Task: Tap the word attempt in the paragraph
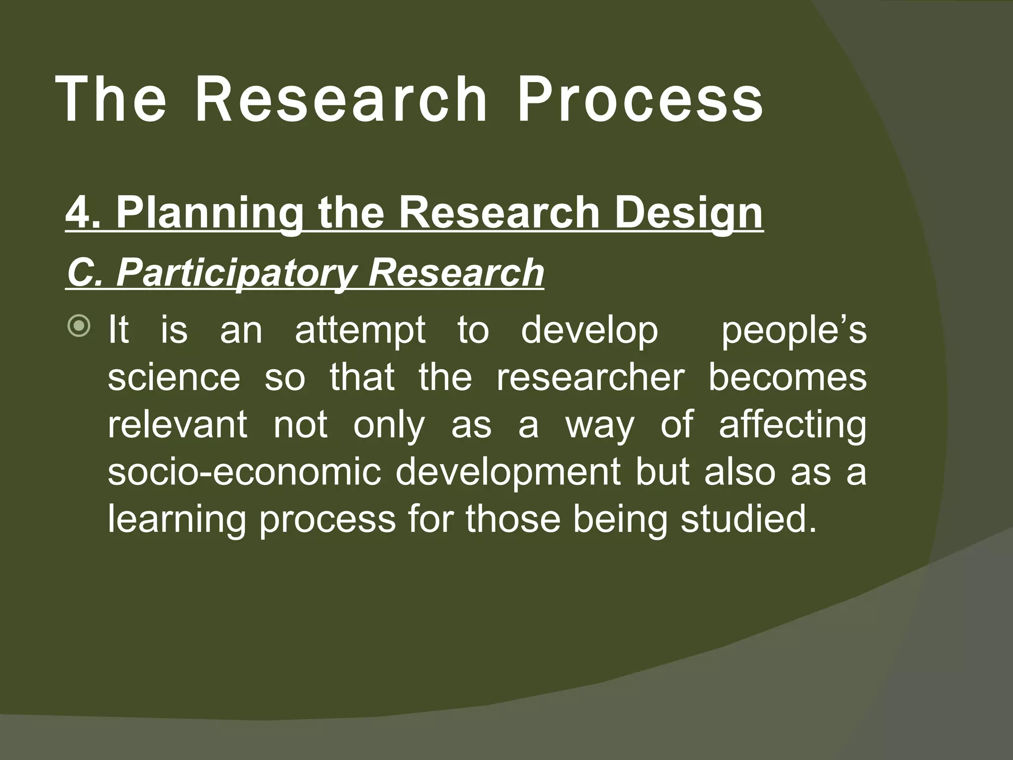pos(360,330)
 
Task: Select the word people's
pos(793,330)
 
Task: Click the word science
pos(174,377)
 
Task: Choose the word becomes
pos(787,377)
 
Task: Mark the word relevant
pos(177,424)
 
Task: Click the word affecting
pos(792,424)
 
